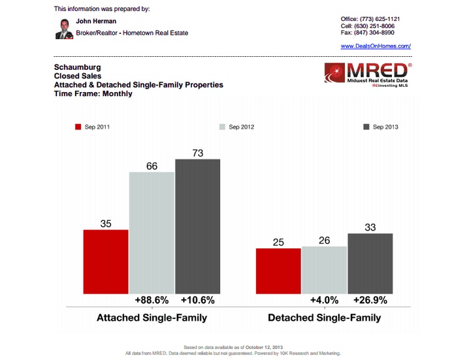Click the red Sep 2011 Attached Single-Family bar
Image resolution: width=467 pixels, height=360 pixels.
(x=106, y=261)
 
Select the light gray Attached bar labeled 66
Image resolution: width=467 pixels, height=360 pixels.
(x=152, y=232)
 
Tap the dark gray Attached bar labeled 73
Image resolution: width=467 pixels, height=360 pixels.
(x=197, y=225)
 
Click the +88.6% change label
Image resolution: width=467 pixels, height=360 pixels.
(x=152, y=301)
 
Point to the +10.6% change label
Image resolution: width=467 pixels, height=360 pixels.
(x=197, y=301)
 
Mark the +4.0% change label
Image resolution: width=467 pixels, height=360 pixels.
(x=324, y=301)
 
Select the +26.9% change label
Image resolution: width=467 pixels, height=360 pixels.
(x=370, y=301)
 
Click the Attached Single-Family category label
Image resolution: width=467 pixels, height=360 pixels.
(x=152, y=318)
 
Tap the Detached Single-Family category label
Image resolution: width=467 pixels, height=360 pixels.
(x=324, y=318)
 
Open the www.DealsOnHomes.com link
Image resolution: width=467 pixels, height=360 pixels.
(x=376, y=46)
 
